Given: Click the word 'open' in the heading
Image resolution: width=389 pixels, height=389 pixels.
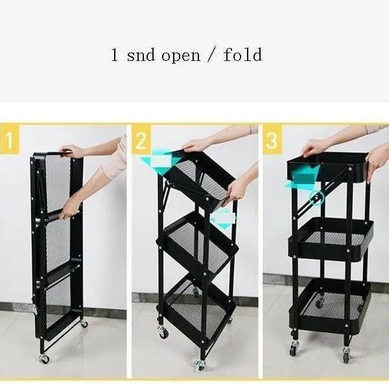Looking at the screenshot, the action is [181, 56].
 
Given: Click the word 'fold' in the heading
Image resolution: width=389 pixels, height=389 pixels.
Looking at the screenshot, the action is [242, 54].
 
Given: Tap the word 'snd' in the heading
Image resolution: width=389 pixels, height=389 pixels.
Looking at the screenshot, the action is [141, 55].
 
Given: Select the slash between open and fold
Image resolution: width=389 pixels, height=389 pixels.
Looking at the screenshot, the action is [211, 54].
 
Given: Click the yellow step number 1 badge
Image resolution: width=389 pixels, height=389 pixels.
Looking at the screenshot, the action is [10, 139].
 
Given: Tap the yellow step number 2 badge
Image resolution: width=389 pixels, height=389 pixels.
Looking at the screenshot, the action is [141, 139].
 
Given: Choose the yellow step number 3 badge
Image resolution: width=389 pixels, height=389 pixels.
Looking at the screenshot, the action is [272, 139].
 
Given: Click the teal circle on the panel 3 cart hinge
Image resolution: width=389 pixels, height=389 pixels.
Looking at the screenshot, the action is [316, 198].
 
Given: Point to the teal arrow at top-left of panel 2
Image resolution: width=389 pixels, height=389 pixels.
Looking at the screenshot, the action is [161, 161].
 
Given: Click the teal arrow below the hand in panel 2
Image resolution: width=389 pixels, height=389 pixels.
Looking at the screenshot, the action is [223, 219].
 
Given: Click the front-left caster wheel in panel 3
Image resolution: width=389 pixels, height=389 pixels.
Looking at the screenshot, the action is [294, 348].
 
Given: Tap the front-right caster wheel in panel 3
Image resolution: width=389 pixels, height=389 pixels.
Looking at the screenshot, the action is [346, 355].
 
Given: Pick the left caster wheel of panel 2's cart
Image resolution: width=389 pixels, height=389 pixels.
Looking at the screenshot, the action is [163, 332].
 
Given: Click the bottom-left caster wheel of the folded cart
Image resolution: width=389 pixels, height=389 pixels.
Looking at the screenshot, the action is [44, 359].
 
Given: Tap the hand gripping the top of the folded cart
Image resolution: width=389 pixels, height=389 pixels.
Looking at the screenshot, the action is [70, 150].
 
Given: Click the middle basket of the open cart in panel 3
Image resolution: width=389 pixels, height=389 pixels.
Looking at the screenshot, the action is [331, 239].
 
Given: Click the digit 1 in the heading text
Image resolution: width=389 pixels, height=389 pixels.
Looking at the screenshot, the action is [114, 54].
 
